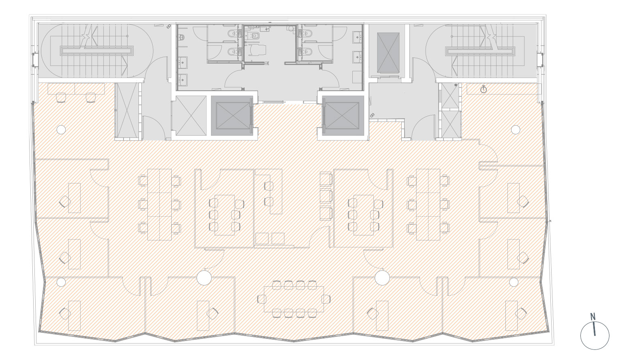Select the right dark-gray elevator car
point(343,115)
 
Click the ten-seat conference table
point(294,299)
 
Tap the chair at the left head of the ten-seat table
point(261,299)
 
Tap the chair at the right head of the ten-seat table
point(326,299)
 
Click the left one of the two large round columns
point(204,277)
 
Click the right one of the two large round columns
point(382,277)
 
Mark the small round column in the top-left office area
point(61,129)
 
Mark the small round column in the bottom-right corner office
point(514,282)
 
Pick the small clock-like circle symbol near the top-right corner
point(484,89)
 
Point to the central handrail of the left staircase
point(97,51)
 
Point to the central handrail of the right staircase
point(480,51)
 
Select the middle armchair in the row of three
point(326,196)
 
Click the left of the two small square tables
point(262,239)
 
